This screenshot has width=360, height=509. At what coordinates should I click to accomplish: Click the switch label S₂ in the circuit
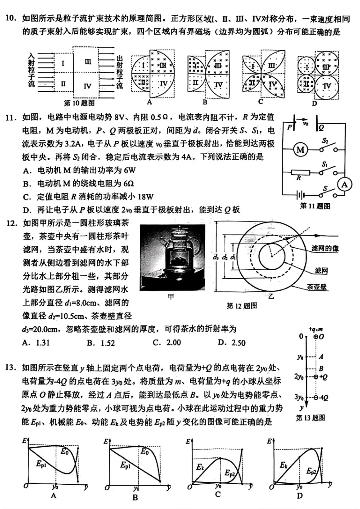click(324, 141)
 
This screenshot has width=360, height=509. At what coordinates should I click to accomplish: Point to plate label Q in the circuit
click(321, 128)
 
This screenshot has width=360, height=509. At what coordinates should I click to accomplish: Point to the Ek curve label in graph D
click(283, 465)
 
